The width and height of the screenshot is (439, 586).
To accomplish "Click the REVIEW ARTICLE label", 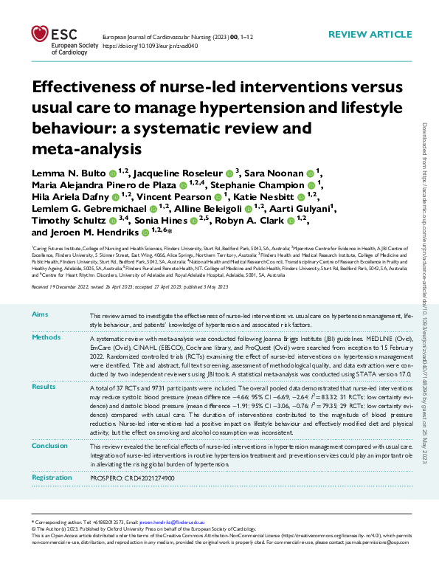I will [x=370, y=35].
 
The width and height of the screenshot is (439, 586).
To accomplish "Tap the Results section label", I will [x=45, y=386].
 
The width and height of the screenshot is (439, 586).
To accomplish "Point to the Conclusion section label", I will [x=50, y=445].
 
